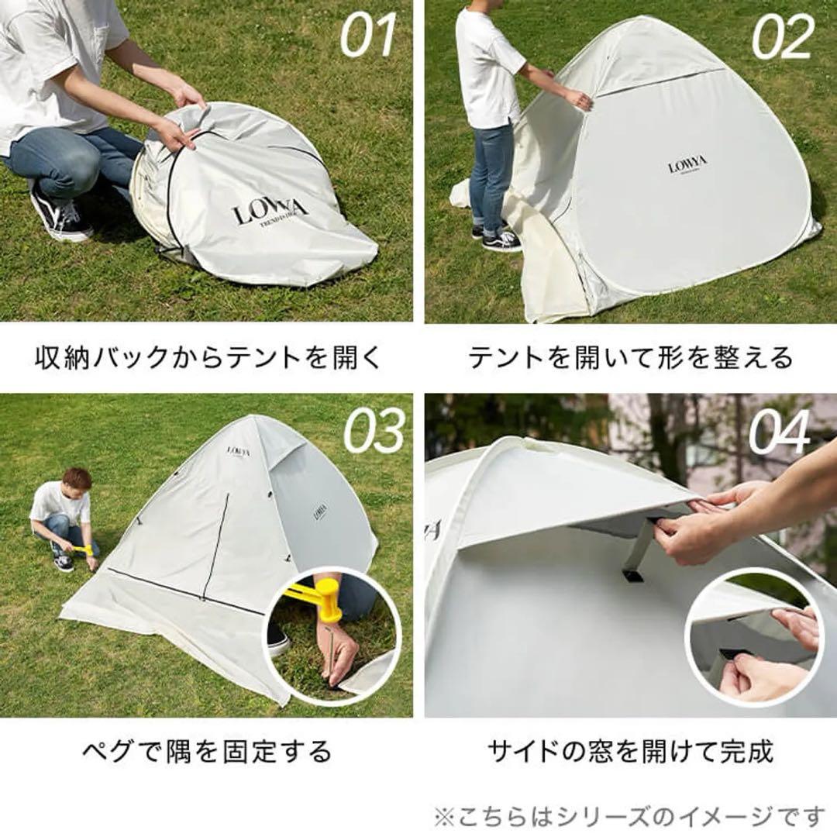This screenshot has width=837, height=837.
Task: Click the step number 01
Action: tap(368, 36)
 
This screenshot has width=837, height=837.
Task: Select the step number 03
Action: tap(374, 431)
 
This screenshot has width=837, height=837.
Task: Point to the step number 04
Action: tap(780, 431)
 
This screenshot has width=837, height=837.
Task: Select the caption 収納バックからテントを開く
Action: tap(208, 358)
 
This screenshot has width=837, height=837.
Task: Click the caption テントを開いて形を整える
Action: tap(630, 358)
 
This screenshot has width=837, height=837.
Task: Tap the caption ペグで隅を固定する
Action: tap(207, 751)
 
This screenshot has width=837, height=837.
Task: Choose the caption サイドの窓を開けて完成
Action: tap(630, 751)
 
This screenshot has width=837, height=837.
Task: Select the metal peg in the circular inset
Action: tap(333, 656)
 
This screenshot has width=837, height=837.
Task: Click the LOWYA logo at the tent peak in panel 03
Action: tap(239, 451)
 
